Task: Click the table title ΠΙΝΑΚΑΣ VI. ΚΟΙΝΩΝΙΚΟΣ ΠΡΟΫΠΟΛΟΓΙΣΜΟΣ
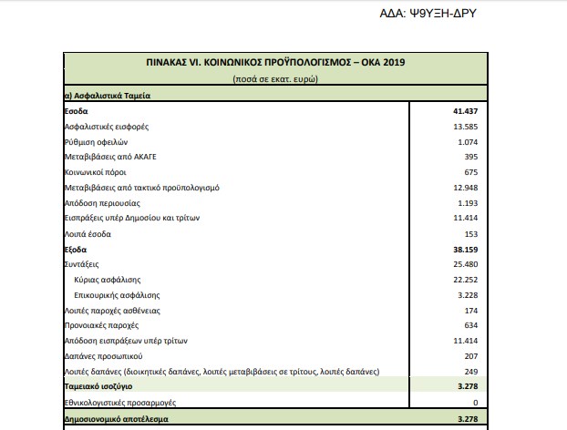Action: [x=274, y=64]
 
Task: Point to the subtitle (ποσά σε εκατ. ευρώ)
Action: [x=274, y=79]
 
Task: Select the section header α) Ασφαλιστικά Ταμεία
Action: [x=108, y=95]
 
